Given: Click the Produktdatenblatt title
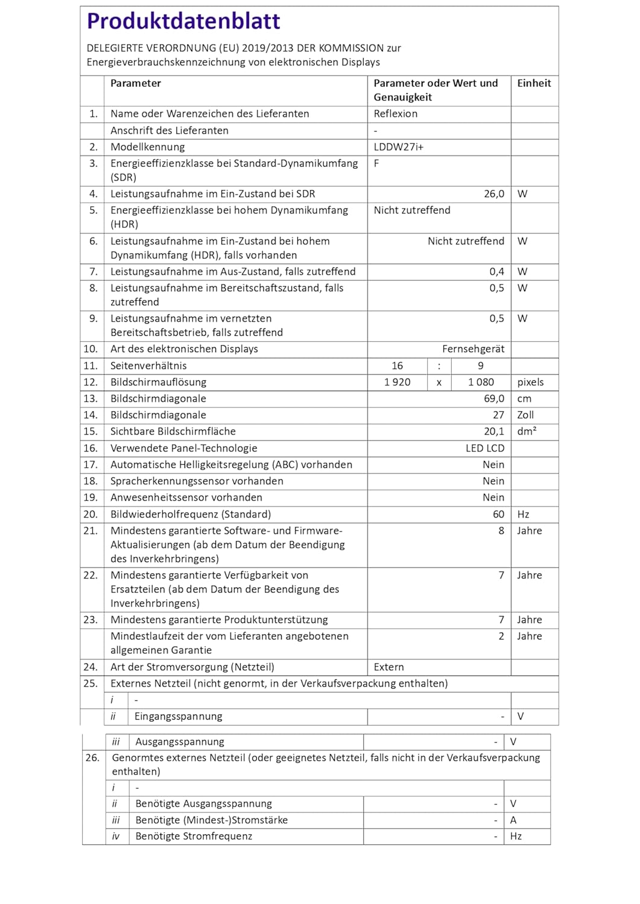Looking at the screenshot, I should click(183, 22).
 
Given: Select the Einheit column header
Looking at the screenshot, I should click(534, 84).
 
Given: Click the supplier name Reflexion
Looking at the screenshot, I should click(395, 114).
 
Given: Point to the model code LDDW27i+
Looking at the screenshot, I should click(398, 147).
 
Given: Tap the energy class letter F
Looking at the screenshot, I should click(376, 163).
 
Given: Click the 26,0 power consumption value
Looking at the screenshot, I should click(493, 194).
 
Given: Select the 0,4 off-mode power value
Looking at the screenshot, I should click(496, 272).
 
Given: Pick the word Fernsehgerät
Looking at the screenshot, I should click(473, 349).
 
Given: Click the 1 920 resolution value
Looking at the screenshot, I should click(397, 382).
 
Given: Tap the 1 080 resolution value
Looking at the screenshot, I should click(481, 382).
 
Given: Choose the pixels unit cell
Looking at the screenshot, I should click(530, 382).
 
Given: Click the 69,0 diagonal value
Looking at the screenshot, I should click(493, 399).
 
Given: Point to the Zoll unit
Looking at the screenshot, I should click(525, 415).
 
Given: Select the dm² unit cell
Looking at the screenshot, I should click(527, 432).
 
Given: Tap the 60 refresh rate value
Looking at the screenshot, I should click(498, 515).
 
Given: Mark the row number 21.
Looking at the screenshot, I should click(90, 531).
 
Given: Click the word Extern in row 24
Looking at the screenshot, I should click(388, 667).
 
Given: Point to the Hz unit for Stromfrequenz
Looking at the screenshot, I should click(516, 837).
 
